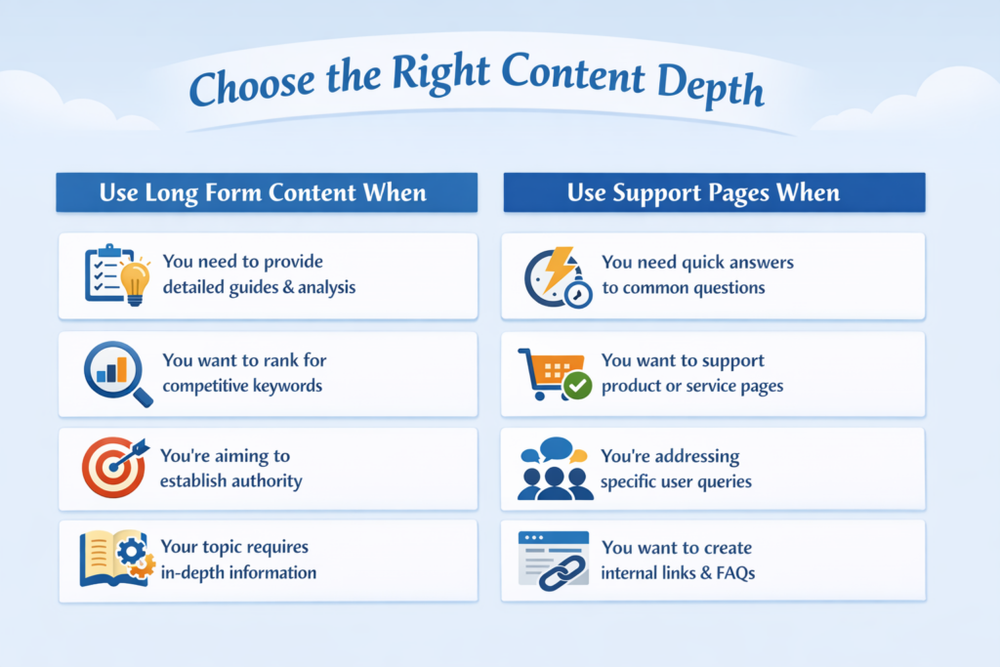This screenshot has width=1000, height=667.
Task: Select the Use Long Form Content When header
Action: (x=267, y=192)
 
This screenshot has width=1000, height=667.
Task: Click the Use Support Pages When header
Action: (x=714, y=192)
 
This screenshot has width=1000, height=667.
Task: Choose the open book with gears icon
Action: (x=117, y=558)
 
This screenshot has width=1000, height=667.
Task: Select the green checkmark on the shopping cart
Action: (x=578, y=385)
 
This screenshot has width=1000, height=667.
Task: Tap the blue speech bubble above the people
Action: (x=556, y=448)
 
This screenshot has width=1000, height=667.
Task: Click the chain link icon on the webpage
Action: (x=562, y=572)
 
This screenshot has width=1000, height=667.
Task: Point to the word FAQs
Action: (x=735, y=572)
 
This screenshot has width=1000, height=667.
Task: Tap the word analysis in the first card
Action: (x=326, y=287)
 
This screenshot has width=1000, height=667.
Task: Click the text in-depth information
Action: (x=238, y=572)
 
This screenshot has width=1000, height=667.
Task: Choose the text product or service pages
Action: (x=692, y=387)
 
